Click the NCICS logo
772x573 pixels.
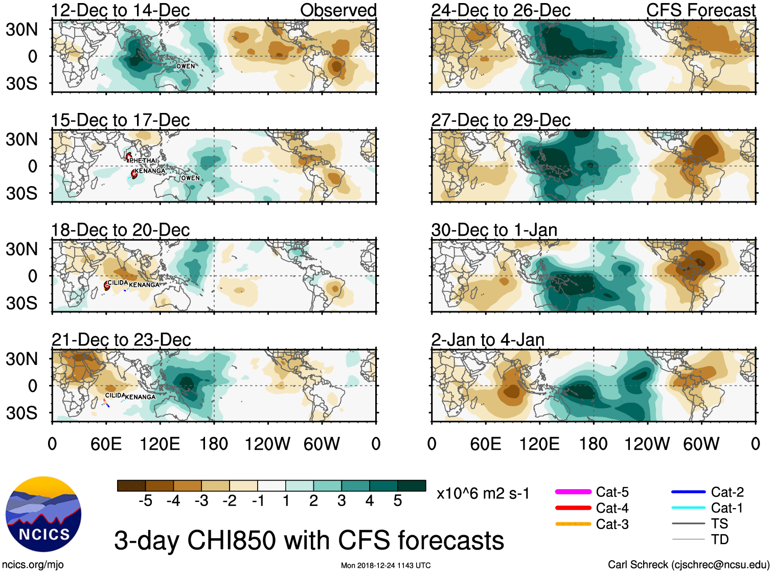point(43,514)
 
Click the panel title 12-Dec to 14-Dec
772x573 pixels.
point(120,10)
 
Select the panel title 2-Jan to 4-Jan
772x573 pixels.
point(488,340)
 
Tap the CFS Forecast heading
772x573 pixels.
point(700,10)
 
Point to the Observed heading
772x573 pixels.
point(338,10)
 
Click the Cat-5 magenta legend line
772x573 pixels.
point(573,492)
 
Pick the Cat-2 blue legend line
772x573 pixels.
point(688,492)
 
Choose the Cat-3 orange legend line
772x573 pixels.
point(573,524)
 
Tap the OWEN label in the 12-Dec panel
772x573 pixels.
point(186,66)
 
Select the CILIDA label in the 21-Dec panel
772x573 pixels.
point(115,395)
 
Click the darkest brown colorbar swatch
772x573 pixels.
point(131,486)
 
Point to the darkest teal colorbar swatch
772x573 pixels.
point(412,486)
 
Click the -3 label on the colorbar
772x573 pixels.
point(201,501)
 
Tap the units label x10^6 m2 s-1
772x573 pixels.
point(483,494)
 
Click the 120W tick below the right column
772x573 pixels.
point(647,444)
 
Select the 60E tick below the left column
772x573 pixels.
point(106,444)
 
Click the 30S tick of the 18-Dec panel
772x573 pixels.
point(21,303)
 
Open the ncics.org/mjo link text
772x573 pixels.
point(33,565)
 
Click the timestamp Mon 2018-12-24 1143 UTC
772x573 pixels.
point(385,565)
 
